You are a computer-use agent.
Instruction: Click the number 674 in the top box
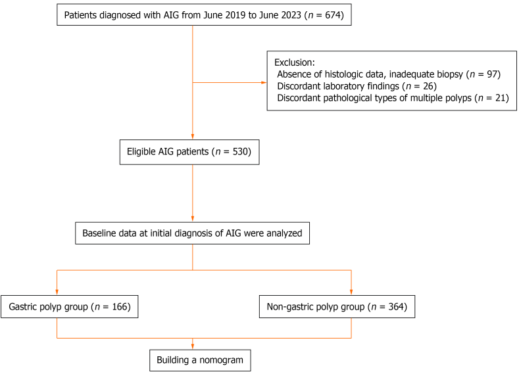tap(333, 15)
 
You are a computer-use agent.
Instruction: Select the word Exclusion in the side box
tap(293, 62)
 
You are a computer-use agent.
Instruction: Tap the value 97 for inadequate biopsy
tap(492, 74)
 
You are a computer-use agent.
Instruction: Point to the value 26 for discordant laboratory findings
tap(428, 86)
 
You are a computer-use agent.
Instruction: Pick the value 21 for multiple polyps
tap(501, 98)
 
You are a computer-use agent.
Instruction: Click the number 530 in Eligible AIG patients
tap(240, 152)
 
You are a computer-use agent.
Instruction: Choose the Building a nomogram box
tap(200, 360)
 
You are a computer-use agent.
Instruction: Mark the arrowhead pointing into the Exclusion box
tap(264, 82)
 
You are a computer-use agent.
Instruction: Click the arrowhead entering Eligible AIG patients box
tap(193, 137)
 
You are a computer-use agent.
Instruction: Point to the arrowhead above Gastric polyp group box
tap(57, 293)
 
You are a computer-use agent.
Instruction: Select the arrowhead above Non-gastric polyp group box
tap(351, 293)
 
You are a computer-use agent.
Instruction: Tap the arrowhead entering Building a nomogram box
tap(193, 346)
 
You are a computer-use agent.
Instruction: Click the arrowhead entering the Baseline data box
tap(193, 219)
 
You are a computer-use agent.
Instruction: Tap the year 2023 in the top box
tap(291, 15)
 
